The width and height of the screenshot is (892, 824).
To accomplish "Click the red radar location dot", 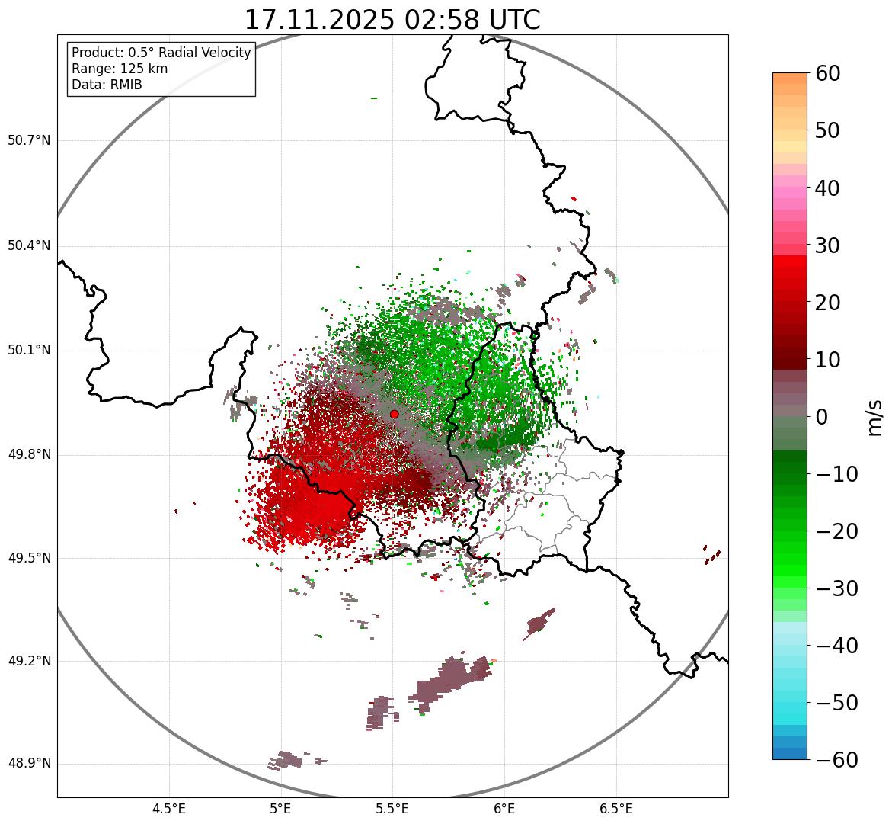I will click(394, 414).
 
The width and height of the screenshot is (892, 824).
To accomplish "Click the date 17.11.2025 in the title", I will click(320, 20).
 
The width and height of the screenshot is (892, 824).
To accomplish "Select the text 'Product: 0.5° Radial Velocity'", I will click(161, 53).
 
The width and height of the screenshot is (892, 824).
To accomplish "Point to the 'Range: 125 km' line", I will click(120, 69).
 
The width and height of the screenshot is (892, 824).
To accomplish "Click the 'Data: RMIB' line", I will click(107, 85).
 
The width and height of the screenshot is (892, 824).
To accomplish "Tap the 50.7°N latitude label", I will click(29, 141).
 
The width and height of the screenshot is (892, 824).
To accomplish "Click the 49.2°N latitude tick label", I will click(29, 661).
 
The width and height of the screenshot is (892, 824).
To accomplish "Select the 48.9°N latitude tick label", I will click(29, 764).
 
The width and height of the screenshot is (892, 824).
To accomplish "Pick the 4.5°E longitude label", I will click(169, 809).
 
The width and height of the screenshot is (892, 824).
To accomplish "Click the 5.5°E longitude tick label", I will click(392, 809).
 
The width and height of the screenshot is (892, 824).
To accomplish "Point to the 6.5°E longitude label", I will click(616, 809).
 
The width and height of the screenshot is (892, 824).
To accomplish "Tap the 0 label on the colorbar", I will click(822, 417).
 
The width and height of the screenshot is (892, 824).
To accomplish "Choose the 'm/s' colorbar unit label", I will click(876, 416).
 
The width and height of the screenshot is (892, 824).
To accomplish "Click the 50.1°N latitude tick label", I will click(29, 351).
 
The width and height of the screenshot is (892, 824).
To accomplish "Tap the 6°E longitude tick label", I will click(504, 809).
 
